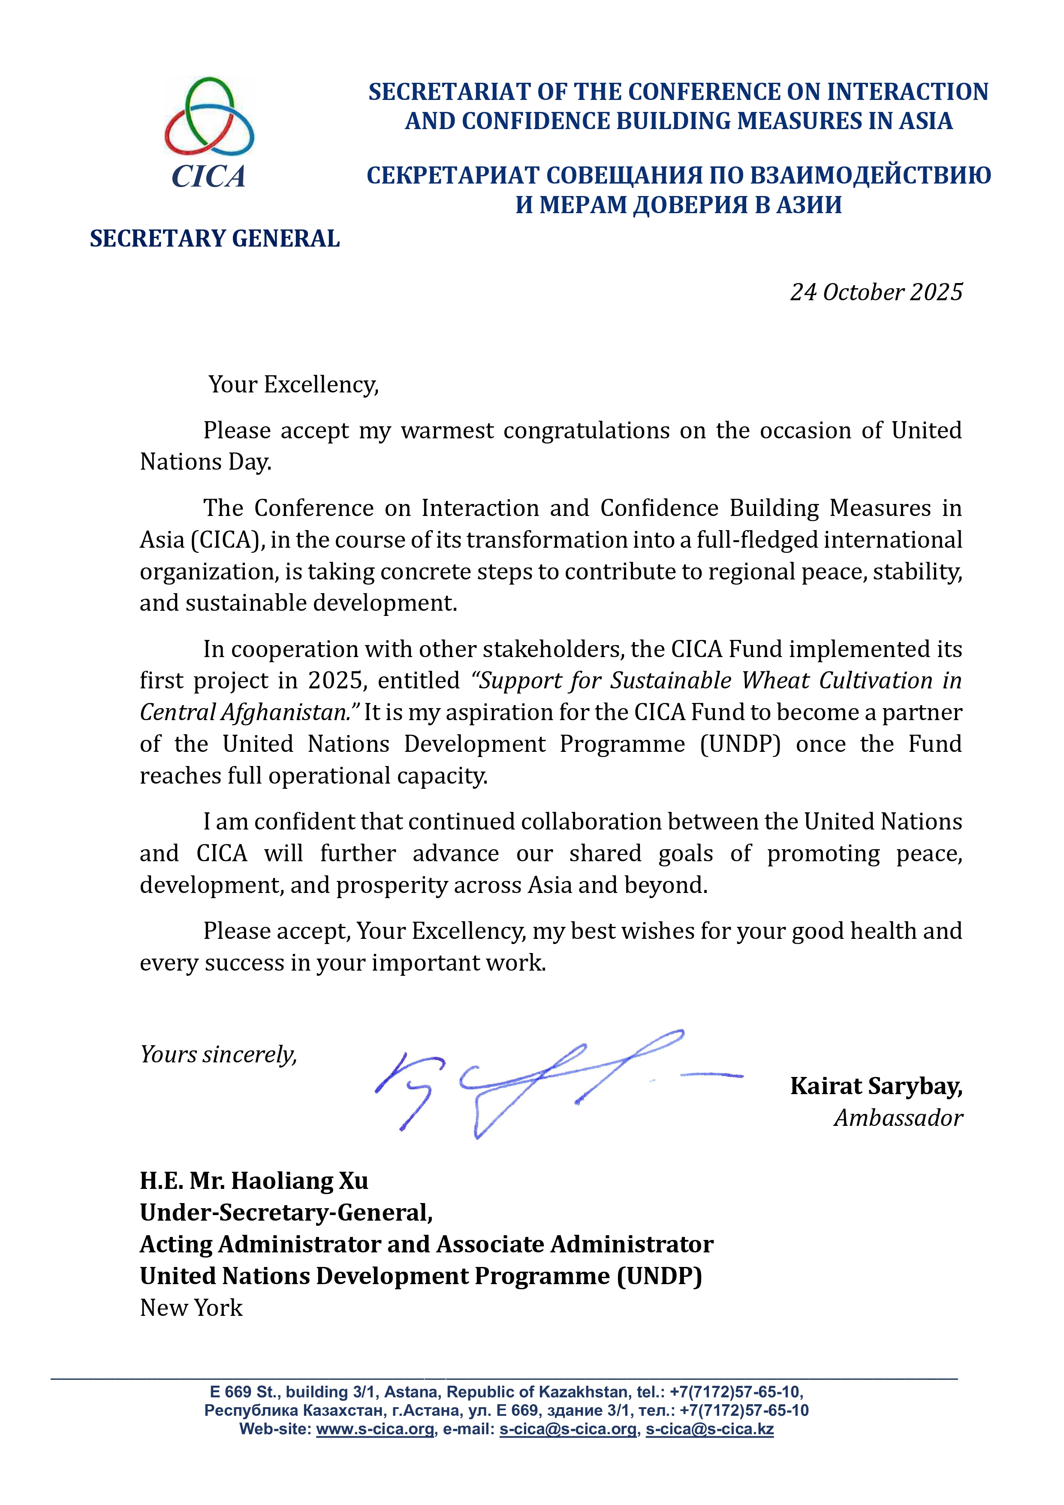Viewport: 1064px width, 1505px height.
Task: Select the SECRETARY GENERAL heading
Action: coord(214,238)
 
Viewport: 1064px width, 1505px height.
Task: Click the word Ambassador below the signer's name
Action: coord(898,1118)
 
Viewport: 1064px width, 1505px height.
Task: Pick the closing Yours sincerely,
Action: coord(218,1055)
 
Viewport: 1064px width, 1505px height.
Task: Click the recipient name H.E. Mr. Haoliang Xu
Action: coord(254,1181)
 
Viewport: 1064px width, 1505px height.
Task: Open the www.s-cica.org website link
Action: coord(375,1430)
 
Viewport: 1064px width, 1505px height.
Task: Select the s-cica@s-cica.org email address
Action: coord(568,1430)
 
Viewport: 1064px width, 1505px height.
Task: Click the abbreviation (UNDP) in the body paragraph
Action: coord(740,744)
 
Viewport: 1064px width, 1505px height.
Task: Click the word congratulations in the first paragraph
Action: coord(587,431)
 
